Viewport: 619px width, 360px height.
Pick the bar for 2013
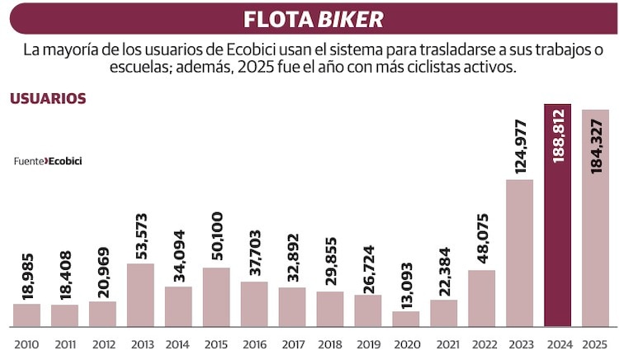(x=139, y=294)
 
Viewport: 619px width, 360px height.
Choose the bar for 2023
(x=519, y=252)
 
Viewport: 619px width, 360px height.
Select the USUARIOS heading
(x=48, y=98)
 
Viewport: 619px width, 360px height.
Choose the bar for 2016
(x=253, y=303)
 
